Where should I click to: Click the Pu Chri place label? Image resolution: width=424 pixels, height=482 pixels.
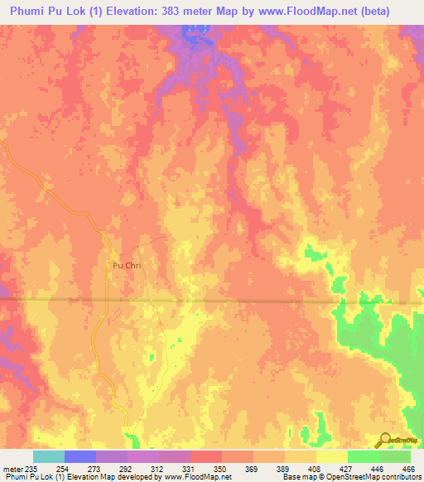(x=122, y=266)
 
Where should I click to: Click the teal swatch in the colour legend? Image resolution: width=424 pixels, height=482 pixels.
(x=49, y=456)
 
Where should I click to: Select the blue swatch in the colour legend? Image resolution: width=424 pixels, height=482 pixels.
(x=80, y=456)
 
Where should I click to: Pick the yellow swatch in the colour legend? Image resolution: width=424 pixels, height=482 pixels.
(x=331, y=456)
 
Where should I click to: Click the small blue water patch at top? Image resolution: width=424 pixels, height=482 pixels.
(x=194, y=34)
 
